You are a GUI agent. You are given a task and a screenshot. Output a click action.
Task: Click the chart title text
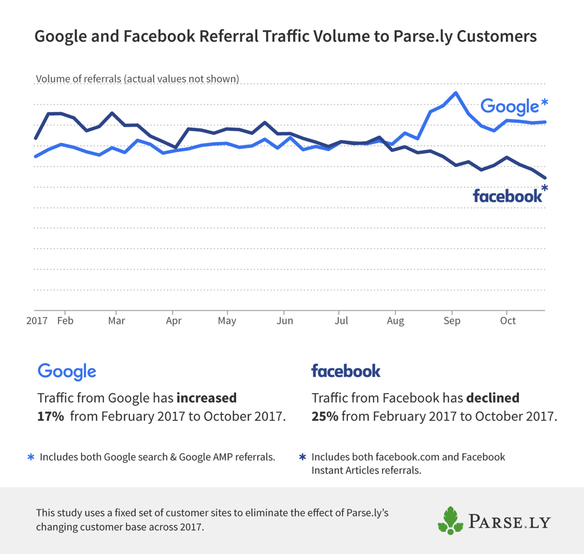285,36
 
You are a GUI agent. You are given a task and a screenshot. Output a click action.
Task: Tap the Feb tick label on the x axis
65,320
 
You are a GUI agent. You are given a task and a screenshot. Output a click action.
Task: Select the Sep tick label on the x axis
452,320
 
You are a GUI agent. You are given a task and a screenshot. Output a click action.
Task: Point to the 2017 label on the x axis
36,320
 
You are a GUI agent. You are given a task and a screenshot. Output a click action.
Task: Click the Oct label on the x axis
508,320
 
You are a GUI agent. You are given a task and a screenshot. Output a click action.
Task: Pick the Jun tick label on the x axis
284,320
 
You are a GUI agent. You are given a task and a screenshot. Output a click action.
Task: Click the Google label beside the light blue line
509,107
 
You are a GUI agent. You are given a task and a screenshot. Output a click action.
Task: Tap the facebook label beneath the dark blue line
507,196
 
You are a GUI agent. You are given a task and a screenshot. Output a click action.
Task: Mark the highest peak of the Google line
455,92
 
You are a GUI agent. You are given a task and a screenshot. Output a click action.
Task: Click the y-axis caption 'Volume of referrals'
137,79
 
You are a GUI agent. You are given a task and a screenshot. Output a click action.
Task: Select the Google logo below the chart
67,372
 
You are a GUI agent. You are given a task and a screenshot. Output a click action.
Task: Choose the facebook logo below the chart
346,372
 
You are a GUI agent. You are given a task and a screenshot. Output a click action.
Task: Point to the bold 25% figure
325,416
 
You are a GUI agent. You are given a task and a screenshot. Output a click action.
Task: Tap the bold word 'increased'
206,397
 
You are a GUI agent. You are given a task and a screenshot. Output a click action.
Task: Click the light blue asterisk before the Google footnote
31,457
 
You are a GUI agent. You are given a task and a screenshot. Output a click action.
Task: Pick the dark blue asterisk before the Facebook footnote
303,457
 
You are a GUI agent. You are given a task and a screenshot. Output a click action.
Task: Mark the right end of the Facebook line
545,178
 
